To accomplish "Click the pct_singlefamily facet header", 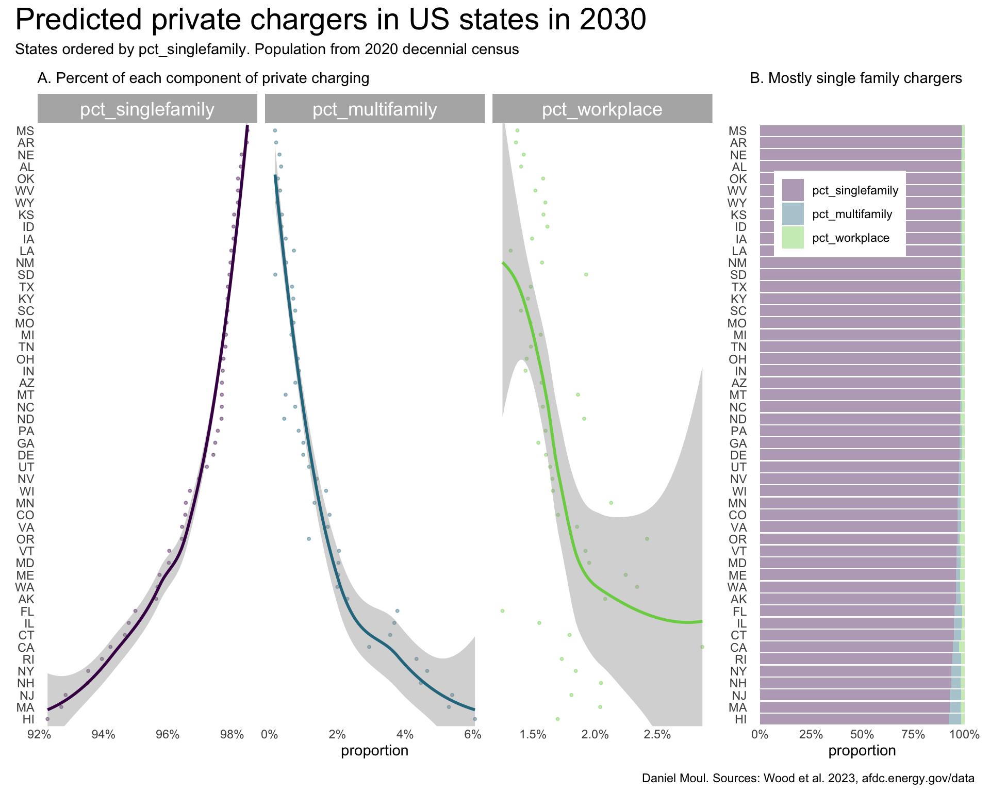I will pos(147,109).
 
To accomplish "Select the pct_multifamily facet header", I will pos(375,109).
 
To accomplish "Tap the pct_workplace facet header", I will pos(602,109).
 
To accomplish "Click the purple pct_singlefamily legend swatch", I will pos(793,190).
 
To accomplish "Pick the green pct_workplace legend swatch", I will pos(793,238).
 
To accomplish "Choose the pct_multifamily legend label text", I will pos(852,214).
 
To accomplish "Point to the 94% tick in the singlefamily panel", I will pos(103,734).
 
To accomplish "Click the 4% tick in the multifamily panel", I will pos(405,734).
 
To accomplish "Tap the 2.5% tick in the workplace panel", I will pos(657,734).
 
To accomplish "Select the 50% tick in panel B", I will pos(862,734).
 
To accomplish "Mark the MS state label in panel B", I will pos(737,131).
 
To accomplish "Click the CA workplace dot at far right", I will pos(702,647).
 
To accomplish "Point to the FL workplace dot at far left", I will pos(502,610).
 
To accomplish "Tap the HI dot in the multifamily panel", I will pos(474,718).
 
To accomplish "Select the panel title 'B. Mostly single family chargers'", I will pos(855,78).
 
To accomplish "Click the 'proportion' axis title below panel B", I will pos(862,751).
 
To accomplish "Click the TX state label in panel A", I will pos(26,287).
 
